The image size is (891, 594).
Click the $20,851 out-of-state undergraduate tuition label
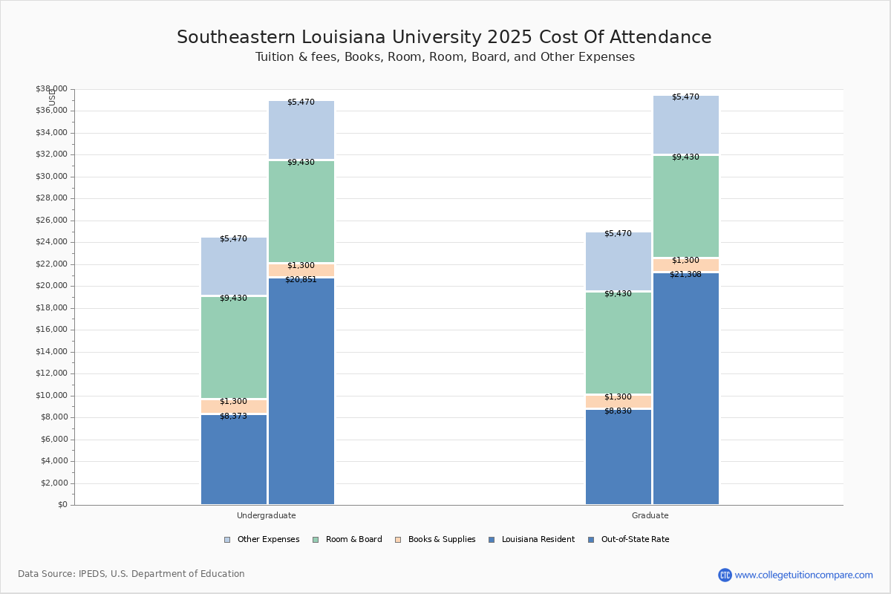point(301,280)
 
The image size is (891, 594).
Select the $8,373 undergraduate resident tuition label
point(233,417)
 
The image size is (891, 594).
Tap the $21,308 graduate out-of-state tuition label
point(685,275)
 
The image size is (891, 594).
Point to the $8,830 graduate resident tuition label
point(618,411)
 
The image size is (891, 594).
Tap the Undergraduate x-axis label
point(267,515)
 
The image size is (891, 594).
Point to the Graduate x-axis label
point(650,515)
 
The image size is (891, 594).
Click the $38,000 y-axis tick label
point(51,89)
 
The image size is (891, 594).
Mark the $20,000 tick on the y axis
point(51,286)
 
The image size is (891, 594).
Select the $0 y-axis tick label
point(62,505)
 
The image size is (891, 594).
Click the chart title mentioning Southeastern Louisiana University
point(444,38)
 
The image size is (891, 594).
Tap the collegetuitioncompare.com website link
point(803,575)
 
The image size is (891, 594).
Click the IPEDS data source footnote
point(131,574)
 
